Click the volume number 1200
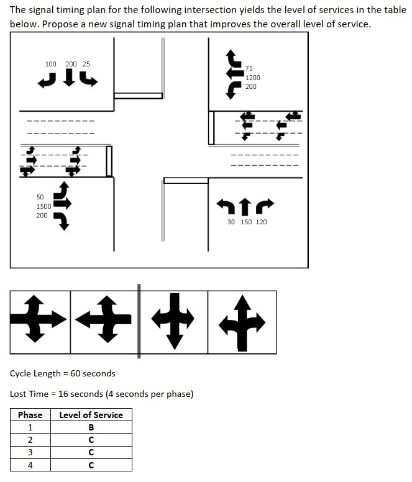(252, 78)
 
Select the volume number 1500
(43, 206)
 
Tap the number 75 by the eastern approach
(249, 68)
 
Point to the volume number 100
(51, 64)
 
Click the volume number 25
(86, 64)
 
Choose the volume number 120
(261, 222)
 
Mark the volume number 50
(40, 197)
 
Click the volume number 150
(246, 222)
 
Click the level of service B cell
(91, 427)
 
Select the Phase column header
(30, 415)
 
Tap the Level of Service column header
(91, 415)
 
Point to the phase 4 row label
(30, 465)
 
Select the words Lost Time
(30, 394)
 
